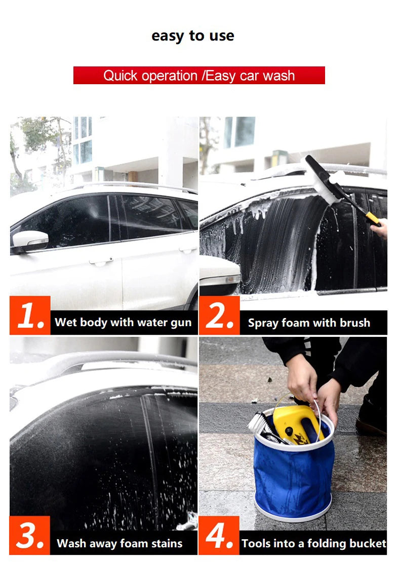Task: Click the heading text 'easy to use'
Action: (192, 36)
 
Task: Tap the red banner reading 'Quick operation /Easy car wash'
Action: (199, 75)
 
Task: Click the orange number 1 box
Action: (30, 315)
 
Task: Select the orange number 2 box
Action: (219, 315)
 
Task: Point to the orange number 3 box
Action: (30, 536)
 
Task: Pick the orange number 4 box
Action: (219, 536)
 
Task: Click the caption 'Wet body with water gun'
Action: (123, 323)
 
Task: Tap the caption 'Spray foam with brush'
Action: (309, 323)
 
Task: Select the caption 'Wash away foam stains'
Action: (119, 543)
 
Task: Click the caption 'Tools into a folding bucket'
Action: (314, 543)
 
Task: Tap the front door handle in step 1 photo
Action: (101, 262)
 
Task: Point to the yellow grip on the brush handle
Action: (373, 218)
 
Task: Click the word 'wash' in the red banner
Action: (279, 76)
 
